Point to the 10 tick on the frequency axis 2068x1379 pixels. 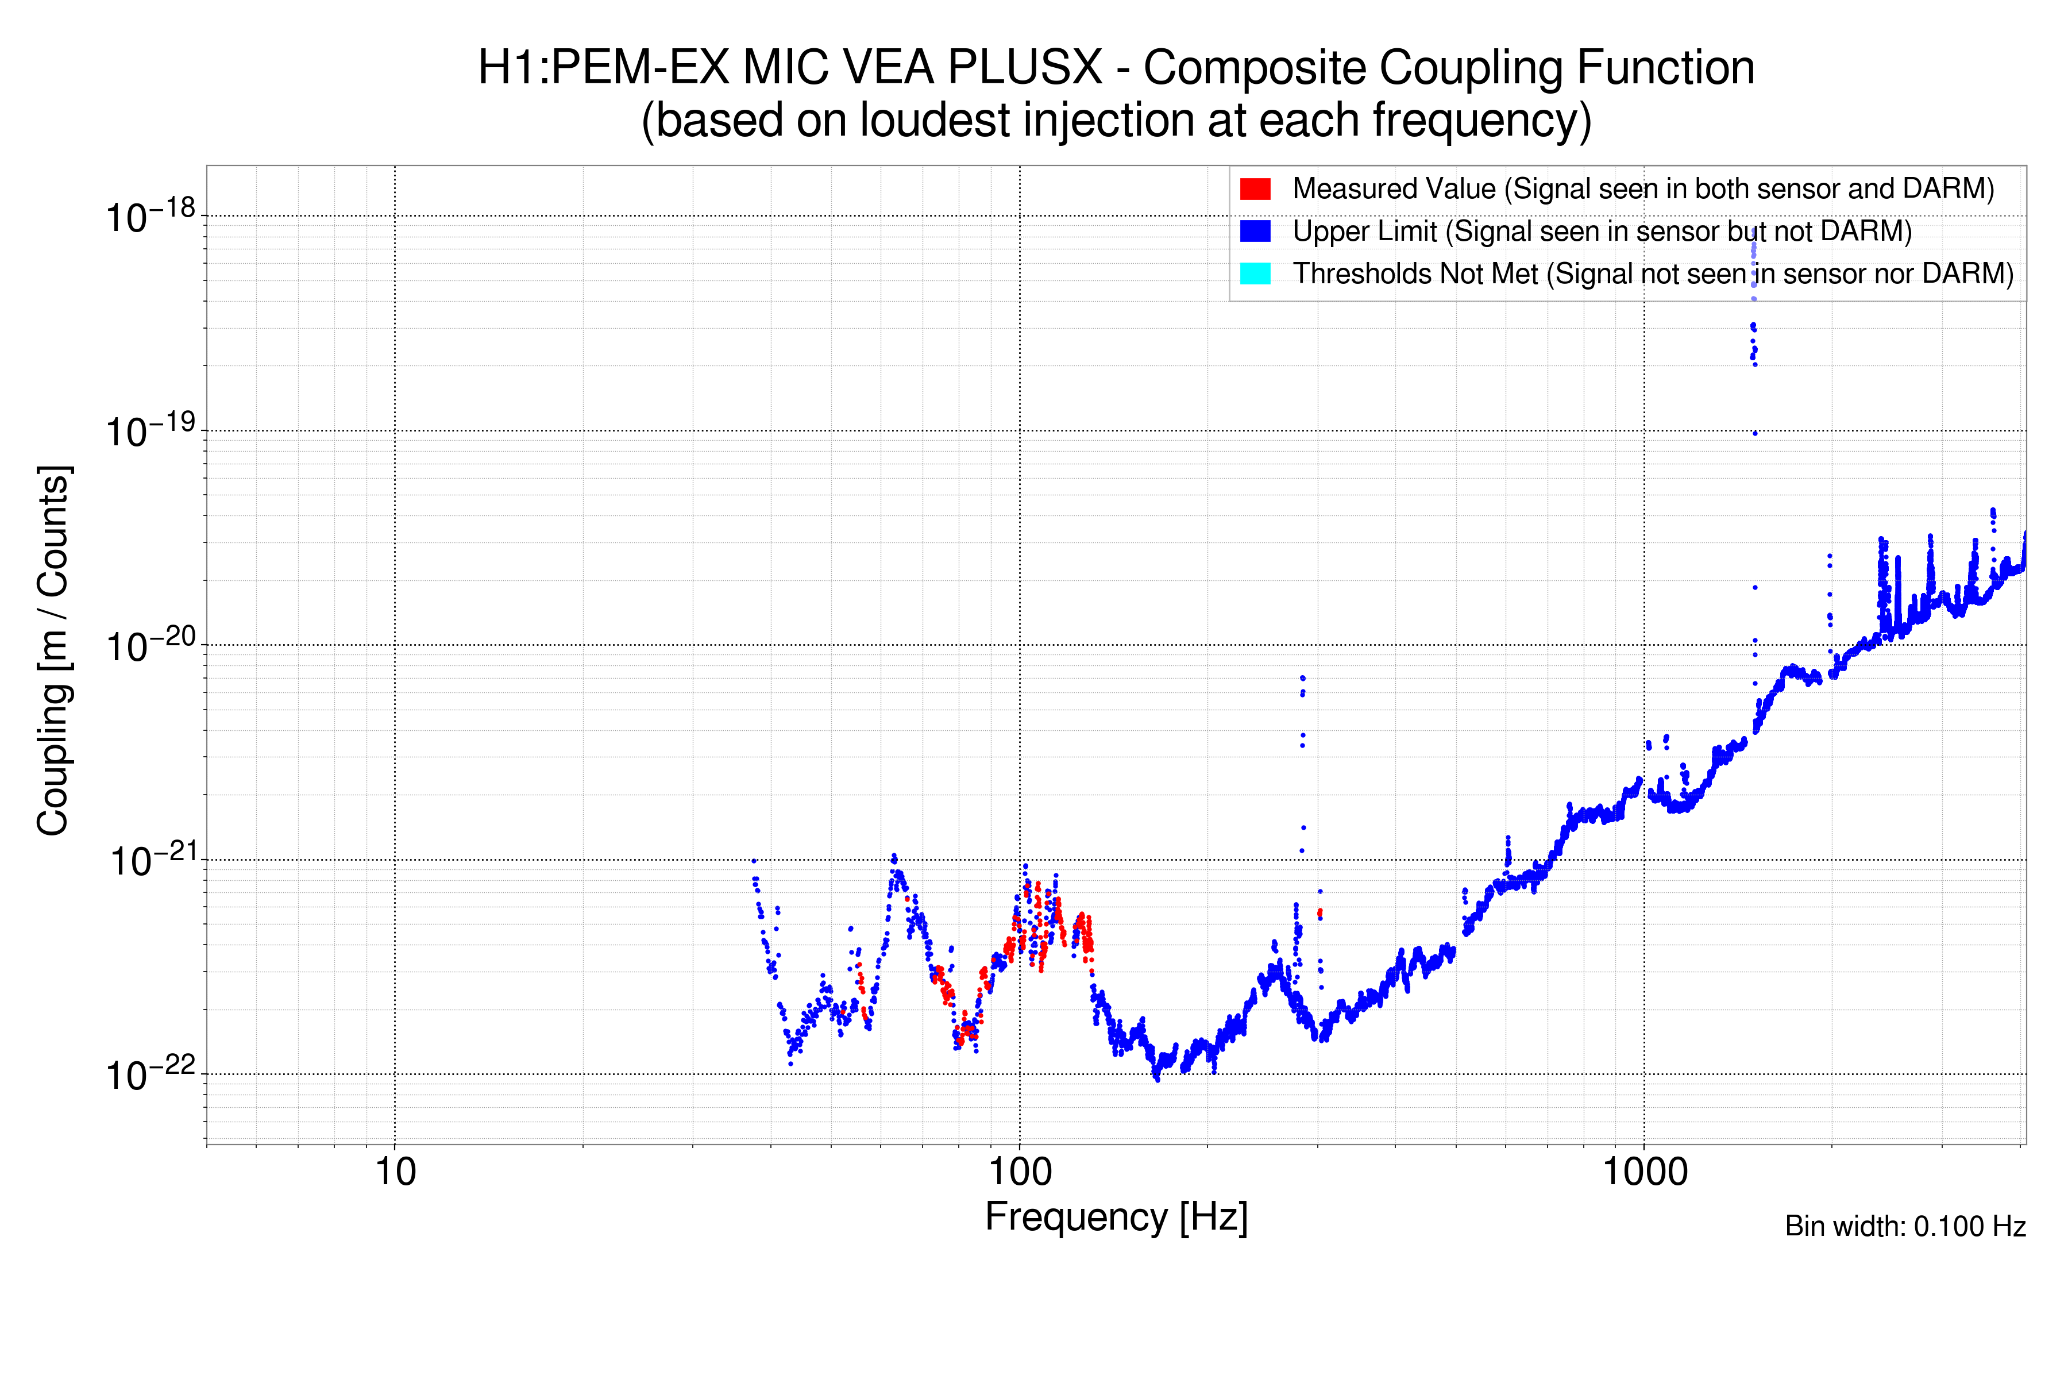tap(396, 1172)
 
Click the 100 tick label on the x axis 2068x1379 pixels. tap(1020, 1172)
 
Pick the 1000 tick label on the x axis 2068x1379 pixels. tap(1644, 1172)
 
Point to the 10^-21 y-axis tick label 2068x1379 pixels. tap(151, 861)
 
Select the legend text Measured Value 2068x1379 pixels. tap(1394, 189)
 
